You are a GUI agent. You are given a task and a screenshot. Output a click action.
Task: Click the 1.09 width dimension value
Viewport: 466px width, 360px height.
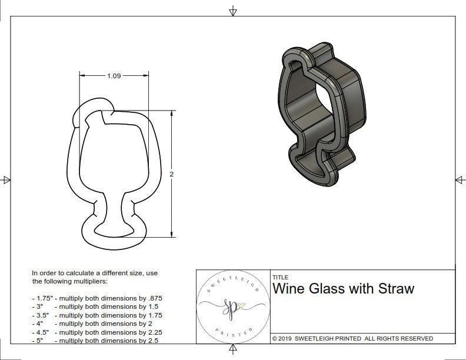tap(114, 76)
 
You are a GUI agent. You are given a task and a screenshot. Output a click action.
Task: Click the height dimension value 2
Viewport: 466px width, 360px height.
tap(171, 175)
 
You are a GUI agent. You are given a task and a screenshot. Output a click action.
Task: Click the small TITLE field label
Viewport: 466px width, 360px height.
tap(280, 277)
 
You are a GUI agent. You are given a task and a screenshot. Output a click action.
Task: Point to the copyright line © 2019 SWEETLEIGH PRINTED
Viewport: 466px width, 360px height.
tap(352, 338)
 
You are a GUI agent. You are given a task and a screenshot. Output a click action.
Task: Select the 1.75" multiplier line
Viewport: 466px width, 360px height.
tap(97, 298)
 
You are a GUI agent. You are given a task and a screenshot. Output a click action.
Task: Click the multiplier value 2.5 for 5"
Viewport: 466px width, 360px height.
tap(154, 341)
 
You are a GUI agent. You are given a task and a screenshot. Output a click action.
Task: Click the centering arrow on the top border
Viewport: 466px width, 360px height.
tap(233, 11)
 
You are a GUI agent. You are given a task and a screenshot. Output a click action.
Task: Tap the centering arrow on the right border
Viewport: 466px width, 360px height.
tap(460, 179)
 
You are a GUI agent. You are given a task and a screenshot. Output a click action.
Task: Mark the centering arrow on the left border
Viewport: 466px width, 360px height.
tap(6, 179)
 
